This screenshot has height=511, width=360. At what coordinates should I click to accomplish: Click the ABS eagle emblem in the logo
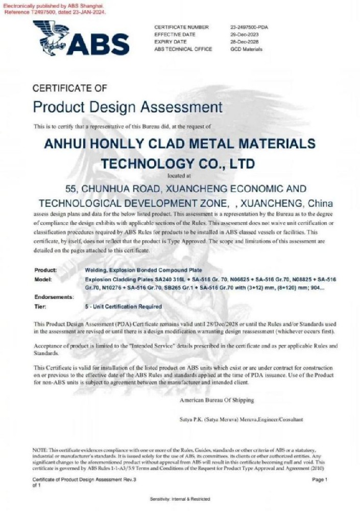tap(51, 36)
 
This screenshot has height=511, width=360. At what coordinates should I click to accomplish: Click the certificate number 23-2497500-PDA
tap(250, 27)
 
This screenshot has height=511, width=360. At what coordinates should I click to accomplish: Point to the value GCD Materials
tap(246, 49)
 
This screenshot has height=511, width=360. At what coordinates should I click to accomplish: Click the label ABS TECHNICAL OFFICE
tap(181, 49)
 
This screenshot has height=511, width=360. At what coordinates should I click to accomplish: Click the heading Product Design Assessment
tap(128, 107)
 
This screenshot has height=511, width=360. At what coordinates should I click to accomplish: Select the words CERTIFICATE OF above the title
tap(69, 88)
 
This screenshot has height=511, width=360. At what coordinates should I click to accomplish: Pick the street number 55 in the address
tap(71, 188)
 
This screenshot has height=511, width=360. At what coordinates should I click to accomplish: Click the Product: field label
tap(45, 270)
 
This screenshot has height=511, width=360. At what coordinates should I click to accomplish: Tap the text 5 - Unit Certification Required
tap(123, 307)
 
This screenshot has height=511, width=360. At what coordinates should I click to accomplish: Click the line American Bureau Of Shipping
tap(217, 400)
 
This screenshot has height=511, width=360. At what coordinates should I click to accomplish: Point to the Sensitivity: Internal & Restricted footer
tap(180, 499)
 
